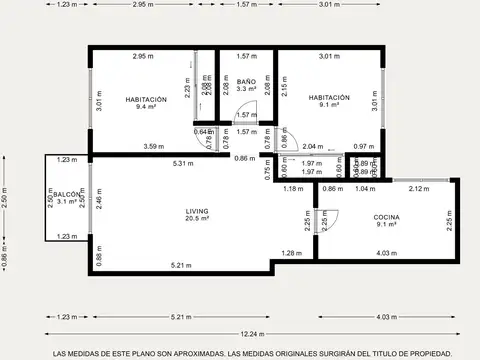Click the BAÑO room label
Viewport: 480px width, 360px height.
point(247,81)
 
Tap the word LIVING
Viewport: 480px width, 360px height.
point(196,211)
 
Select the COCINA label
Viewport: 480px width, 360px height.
point(386,217)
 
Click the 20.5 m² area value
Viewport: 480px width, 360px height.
point(196,221)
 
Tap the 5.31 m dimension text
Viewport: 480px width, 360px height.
point(182,163)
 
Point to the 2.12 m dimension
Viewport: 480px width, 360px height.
point(418,188)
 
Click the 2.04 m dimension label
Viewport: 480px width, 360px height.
point(312,147)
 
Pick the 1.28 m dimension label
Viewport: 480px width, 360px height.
point(291,252)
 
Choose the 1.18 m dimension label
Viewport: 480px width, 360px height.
point(292,188)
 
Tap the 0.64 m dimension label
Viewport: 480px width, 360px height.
point(202,131)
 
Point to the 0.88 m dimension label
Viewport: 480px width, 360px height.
point(97,258)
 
